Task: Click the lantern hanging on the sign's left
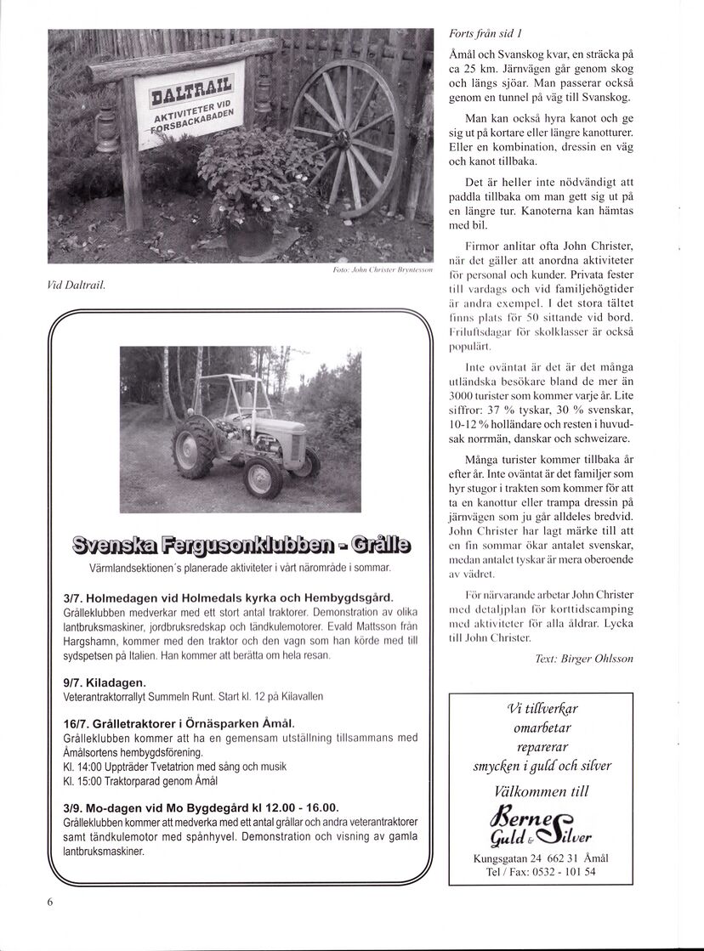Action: coord(107,129)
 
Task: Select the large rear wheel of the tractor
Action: coord(195,445)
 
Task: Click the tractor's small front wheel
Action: coord(263,478)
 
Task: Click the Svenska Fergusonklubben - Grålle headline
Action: coord(241,544)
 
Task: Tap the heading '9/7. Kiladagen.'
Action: coord(105,682)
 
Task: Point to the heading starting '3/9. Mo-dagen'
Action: coord(202,807)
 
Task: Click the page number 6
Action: coord(50,903)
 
